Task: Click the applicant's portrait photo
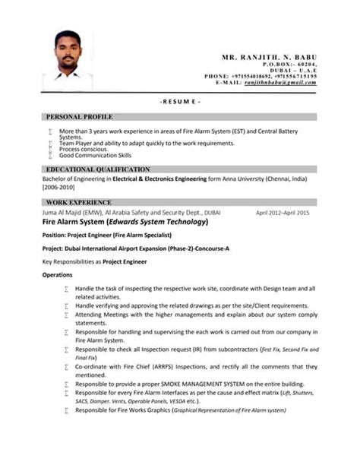point(68,61)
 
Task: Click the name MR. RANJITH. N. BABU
point(269,58)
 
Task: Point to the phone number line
point(261,76)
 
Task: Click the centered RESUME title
point(180,101)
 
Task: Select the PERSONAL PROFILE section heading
point(79,117)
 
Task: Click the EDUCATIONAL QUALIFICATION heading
point(98,169)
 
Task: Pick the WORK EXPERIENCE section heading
point(79,203)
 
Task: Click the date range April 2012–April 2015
point(283,214)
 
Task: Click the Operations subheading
point(57,274)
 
